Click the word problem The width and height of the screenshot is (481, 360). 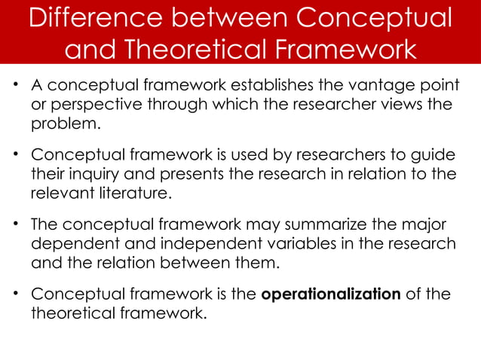(x=64, y=124)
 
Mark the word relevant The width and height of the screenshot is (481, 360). (x=60, y=193)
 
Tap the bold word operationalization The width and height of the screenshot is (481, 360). (x=330, y=294)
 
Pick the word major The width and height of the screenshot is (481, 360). (x=421, y=225)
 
